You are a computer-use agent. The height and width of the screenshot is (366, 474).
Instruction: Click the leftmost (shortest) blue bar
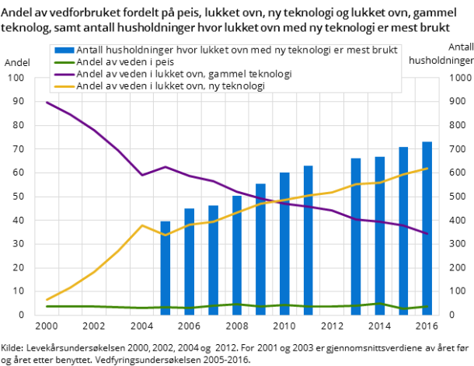coord(165,268)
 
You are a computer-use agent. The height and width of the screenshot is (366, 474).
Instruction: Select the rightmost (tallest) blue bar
coord(427,228)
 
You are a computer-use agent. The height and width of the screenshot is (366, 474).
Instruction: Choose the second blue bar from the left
coord(189,262)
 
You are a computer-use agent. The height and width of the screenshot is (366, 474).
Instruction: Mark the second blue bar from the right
coord(403,231)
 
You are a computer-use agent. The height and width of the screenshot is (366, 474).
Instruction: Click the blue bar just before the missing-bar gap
coord(308,240)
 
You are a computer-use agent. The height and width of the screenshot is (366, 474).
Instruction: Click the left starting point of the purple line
coord(47,103)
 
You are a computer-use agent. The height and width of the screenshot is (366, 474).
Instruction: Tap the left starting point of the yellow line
coord(47,299)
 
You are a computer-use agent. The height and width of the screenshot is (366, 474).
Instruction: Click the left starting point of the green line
coord(47,306)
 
